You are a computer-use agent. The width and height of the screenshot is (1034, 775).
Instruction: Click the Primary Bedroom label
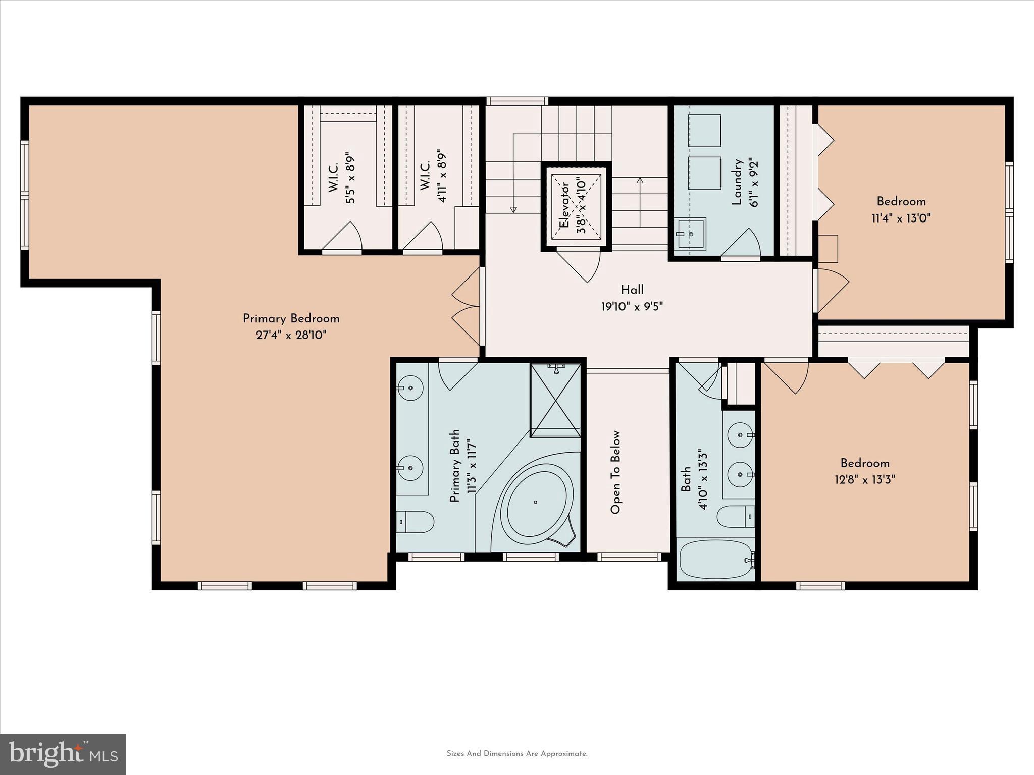[x=291, y=319]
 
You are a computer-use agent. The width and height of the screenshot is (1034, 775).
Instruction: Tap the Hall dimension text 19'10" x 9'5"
[x=632, y=306]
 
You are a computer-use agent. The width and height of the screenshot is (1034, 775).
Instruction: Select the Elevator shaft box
[x=576, y=206]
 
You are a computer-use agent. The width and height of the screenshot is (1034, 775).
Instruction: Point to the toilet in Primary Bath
[x=415, y=522]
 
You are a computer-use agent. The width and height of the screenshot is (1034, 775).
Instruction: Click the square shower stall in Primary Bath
[x=555, y=400]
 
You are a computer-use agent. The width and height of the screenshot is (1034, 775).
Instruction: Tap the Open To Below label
[x=615, y=472]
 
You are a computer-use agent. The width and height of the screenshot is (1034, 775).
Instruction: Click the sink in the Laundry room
[x=691, y=234]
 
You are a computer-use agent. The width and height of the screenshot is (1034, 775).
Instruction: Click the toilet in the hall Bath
[x=736, y=517]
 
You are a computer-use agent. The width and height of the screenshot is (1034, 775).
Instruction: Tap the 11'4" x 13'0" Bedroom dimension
[x=901, y=218]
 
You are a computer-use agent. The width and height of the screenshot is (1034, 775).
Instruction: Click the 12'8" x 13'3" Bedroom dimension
[x=864, y=479]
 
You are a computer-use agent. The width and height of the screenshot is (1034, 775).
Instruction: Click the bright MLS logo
[x=63, y=754]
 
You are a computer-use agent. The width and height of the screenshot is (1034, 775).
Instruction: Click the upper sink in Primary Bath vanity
[x=410, y=388]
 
